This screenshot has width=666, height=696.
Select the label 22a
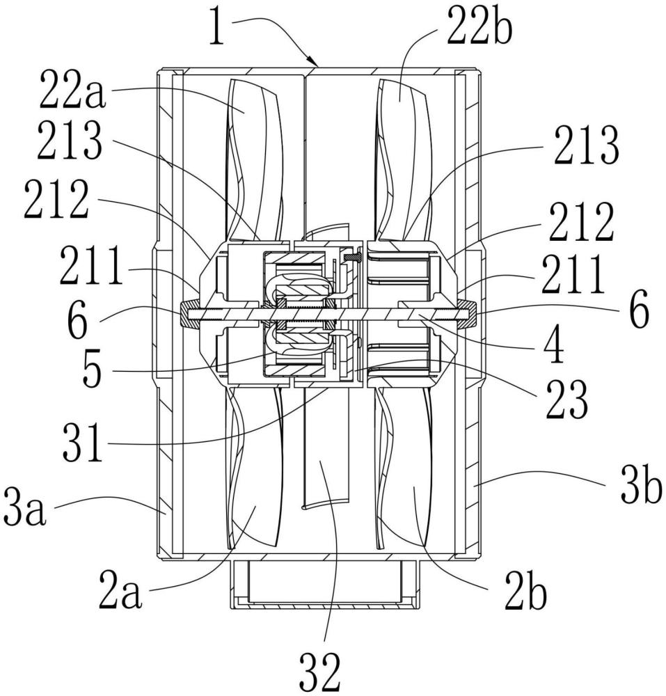click(x=72, y=90)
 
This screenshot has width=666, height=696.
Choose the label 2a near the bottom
click(x=120, y=590)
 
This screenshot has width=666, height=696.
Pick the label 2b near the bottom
click(x=525, y=591)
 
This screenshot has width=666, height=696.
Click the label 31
click(x=83, y=443)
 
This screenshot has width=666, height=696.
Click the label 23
click(x=566, y=400)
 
